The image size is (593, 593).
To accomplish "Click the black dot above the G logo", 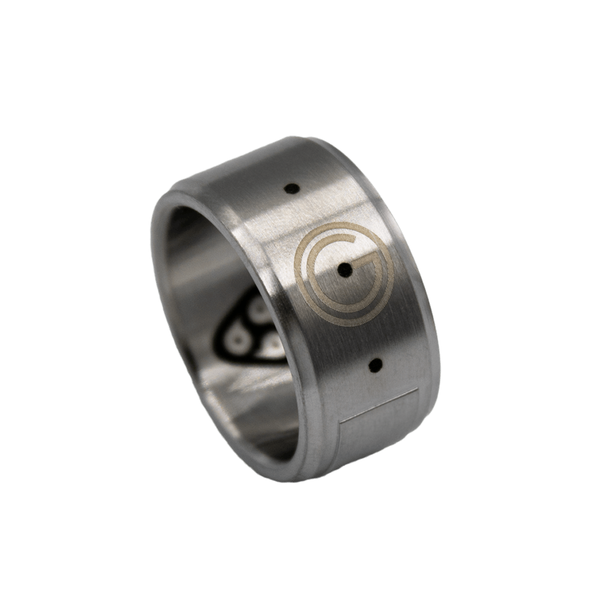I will click(289, 189).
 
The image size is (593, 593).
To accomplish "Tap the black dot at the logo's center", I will click(343, 270).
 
